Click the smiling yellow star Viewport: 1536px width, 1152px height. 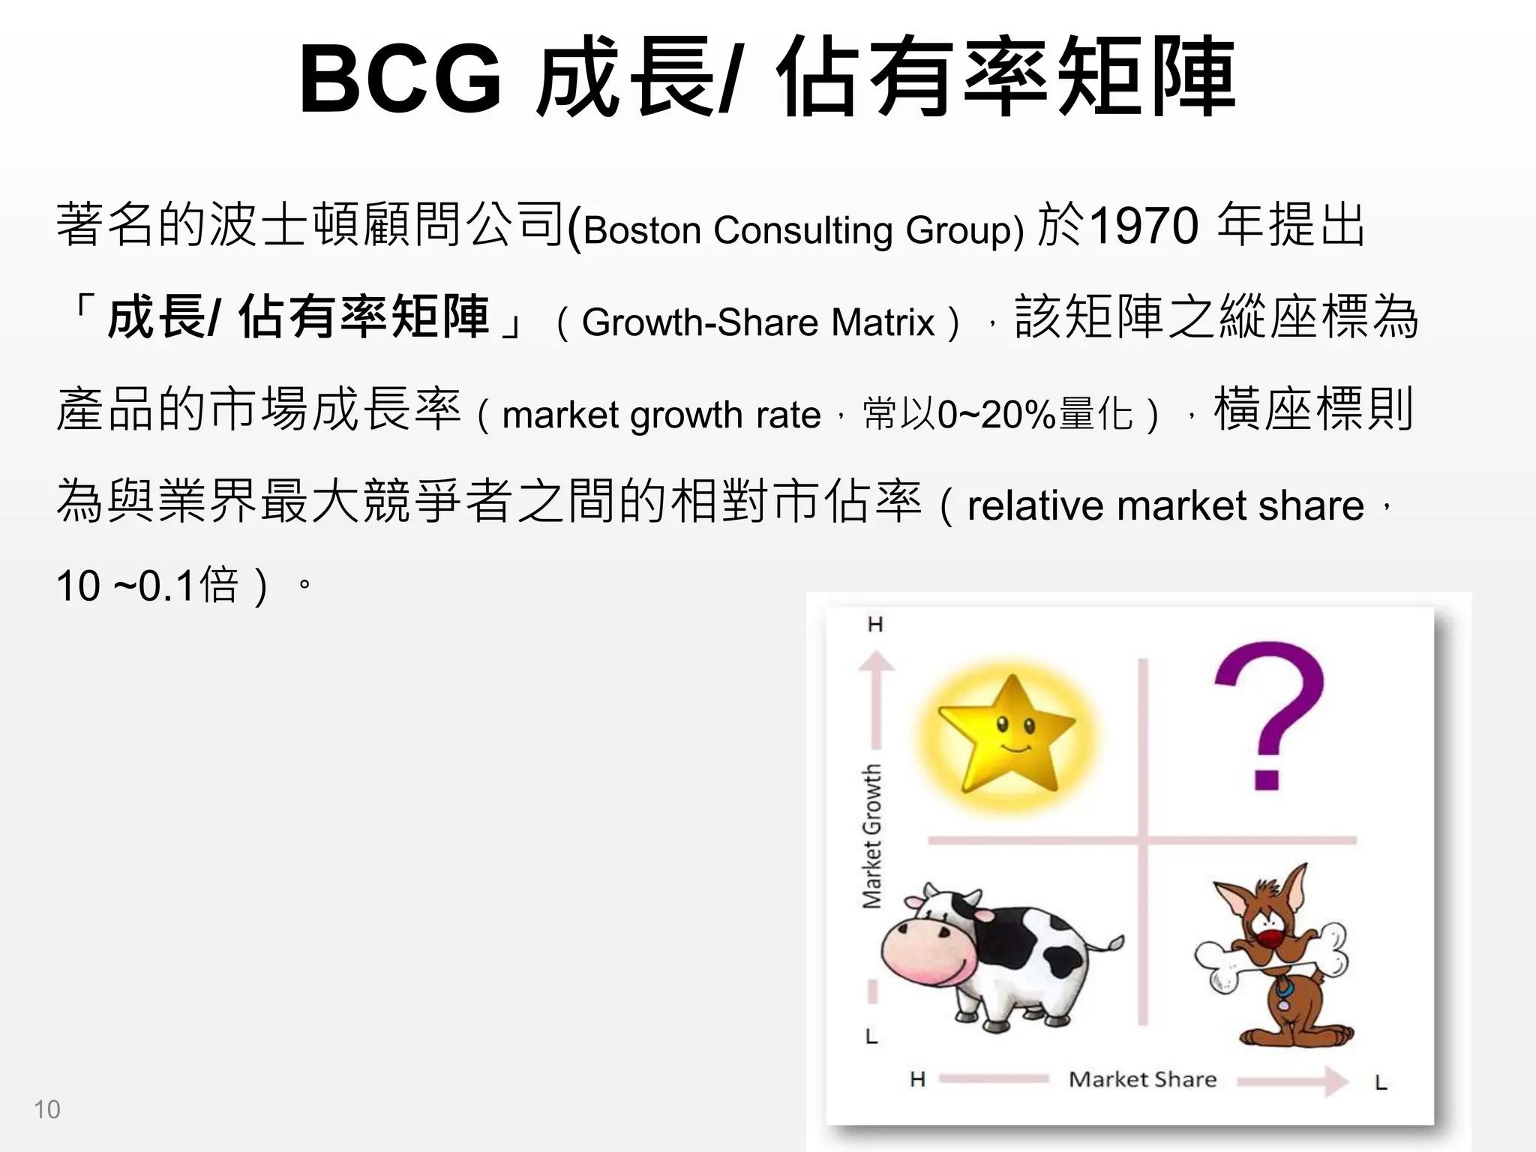pos(1007,735)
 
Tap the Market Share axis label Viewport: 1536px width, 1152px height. pos(1142,1079)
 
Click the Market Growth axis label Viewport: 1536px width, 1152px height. pos(871,836)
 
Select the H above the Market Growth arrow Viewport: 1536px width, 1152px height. pos(875,624)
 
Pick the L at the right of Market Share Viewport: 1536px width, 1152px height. pos(1381,1082)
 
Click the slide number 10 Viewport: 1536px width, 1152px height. pos(46,1109)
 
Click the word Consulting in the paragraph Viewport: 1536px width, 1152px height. pos(802,229)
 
